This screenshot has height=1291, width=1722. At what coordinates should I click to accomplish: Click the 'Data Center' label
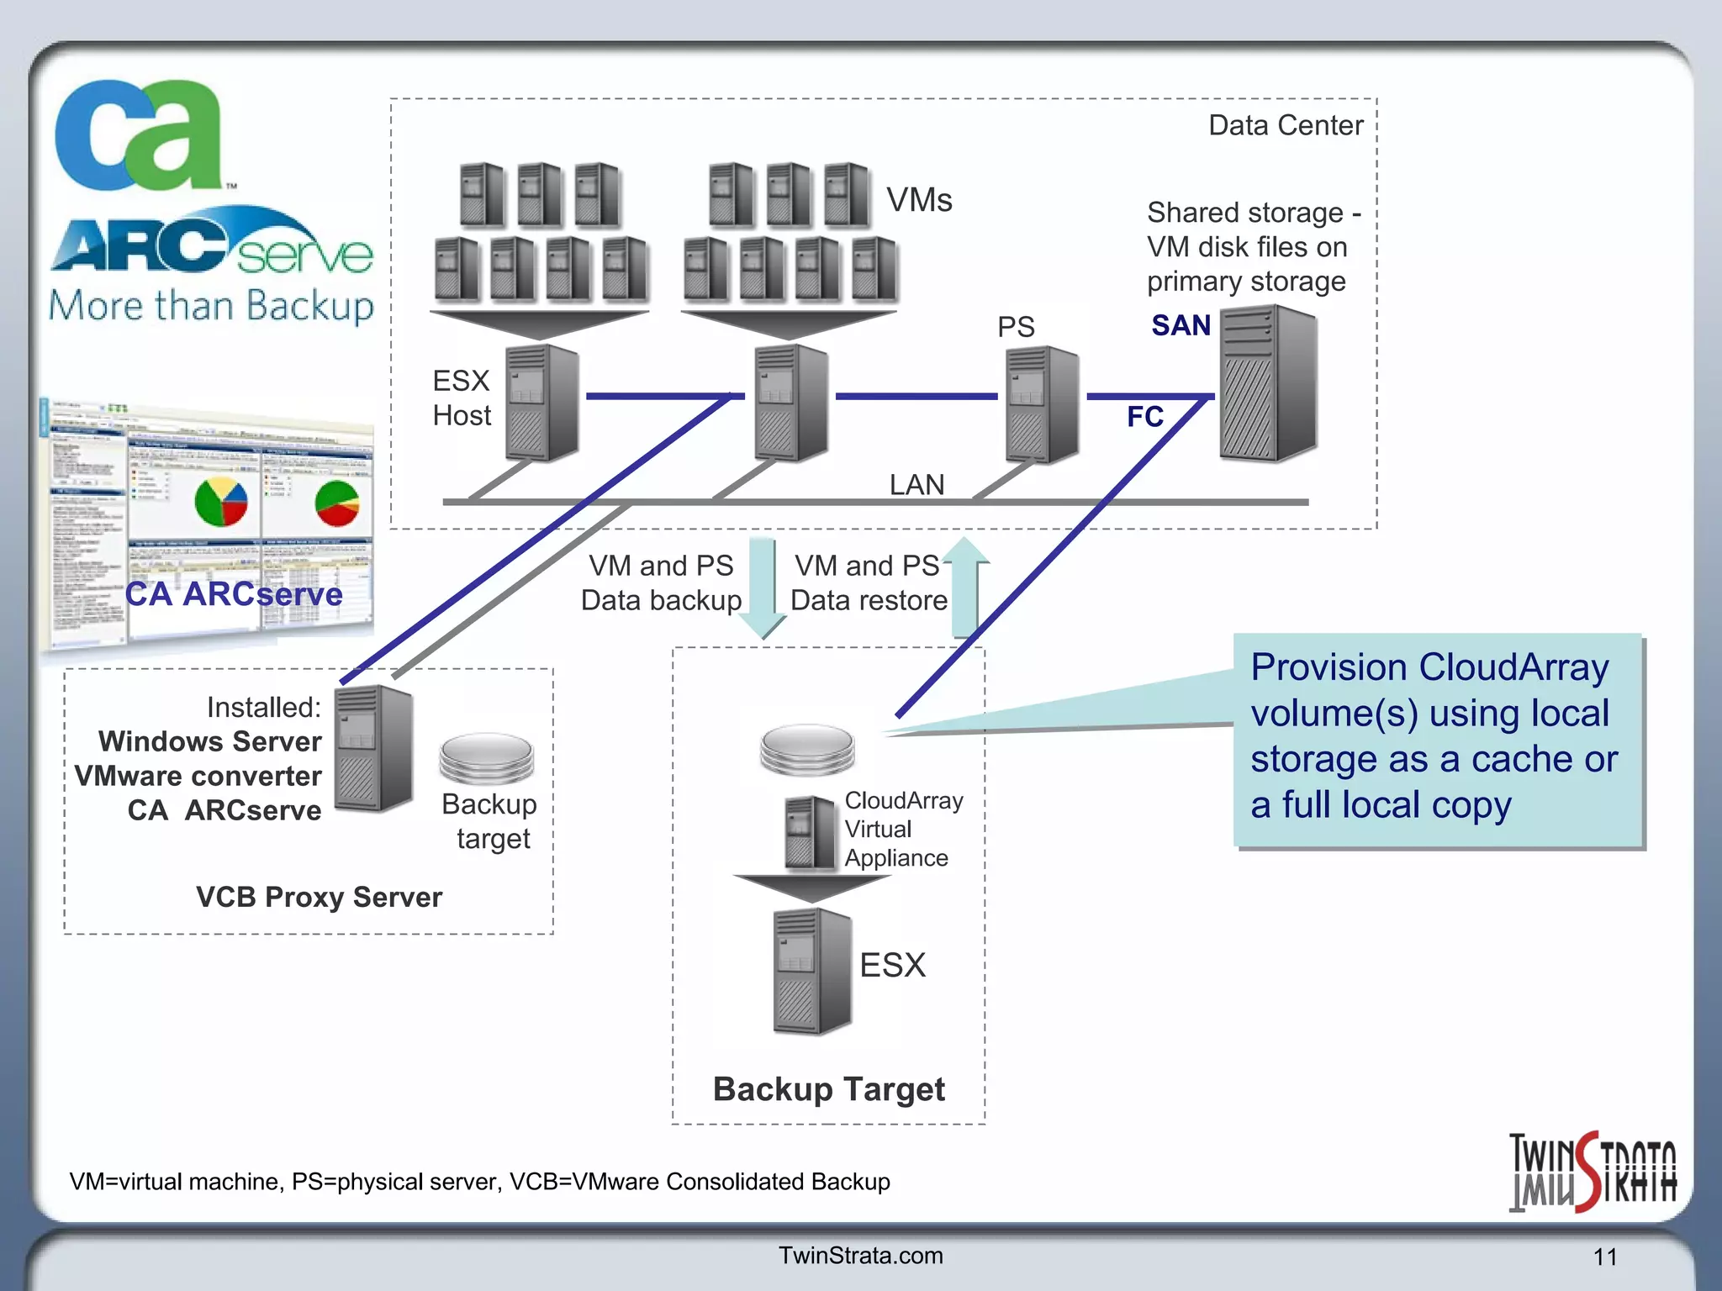1285,125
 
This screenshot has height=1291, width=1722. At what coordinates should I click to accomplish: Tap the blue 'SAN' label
1181,325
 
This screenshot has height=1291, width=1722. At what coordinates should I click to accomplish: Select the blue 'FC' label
1144,417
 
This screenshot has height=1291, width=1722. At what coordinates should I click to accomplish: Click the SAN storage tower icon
1267,384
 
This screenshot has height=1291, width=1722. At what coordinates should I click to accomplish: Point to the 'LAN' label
916,485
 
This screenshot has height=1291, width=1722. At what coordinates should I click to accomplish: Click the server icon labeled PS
1042,404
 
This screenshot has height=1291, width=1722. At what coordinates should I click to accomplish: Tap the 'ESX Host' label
461,398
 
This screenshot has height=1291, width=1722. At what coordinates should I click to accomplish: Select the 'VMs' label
919,200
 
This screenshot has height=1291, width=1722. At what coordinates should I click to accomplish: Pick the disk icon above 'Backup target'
487,756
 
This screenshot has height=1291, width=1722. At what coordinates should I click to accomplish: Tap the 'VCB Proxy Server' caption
319,897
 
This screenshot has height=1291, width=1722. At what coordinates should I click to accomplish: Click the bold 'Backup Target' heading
828,1089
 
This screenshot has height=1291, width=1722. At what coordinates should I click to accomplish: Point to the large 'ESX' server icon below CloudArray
811,971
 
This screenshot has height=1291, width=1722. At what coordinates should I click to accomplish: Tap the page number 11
1604,1257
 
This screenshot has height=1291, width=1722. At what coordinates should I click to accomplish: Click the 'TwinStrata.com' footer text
860,1256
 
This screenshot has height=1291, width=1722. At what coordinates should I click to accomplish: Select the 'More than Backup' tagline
210,306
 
